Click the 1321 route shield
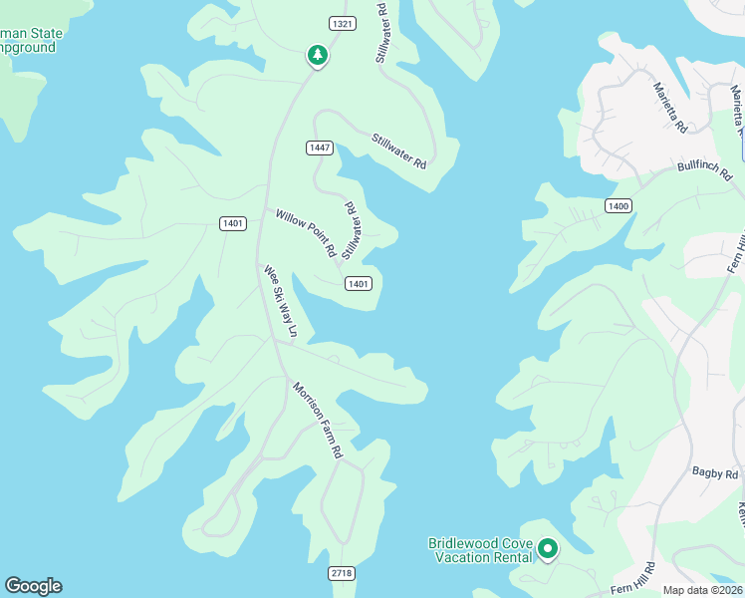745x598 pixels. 342,23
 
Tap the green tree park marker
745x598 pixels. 318,56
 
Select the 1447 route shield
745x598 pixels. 319,148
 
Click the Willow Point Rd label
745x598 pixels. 306,233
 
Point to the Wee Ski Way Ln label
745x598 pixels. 280,301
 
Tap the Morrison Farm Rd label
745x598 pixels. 318,419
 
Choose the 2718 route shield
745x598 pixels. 342,573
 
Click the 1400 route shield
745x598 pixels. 618,205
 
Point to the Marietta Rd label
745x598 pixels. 669,108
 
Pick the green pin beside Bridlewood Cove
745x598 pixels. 547,549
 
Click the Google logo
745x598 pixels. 33,586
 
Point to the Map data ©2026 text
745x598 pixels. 703,590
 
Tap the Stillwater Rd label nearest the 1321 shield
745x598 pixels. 380,33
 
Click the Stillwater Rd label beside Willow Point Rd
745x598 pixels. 350,230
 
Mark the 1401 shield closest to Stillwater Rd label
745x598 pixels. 359,284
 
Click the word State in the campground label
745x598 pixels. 44,33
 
